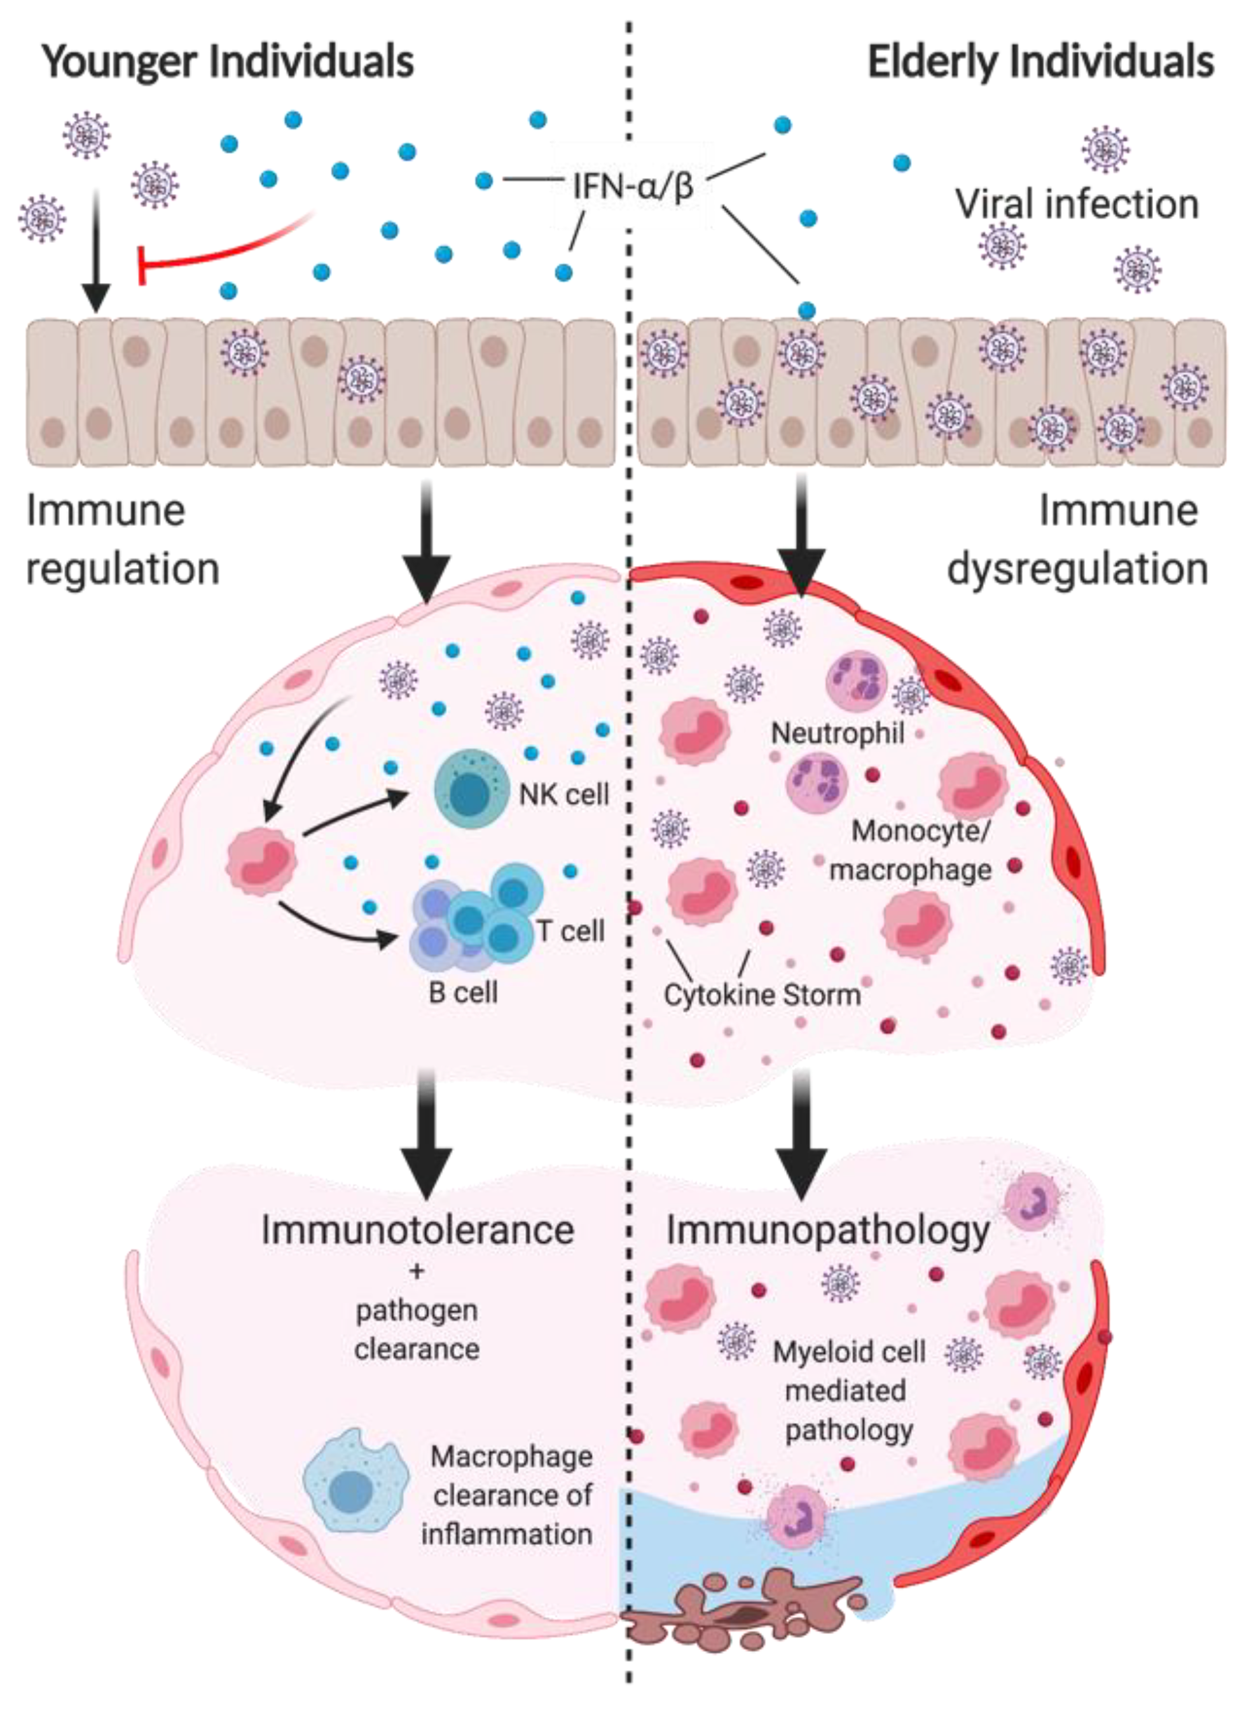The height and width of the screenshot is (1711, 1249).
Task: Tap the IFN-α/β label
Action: pos(633,185)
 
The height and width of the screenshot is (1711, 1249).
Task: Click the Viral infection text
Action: pos(1077,204)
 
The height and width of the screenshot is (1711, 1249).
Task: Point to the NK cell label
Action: pos(564,794)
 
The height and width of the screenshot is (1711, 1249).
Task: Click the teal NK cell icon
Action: pos(469,791)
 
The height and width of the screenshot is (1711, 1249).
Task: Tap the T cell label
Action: pos(571,931)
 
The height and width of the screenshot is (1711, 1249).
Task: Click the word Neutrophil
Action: pos(837,733)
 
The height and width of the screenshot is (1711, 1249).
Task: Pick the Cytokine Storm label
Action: pos(762,995)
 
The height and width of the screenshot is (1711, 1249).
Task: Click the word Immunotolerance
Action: pos(417,1230)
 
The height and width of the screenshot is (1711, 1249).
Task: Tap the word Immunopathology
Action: pos(828,1230)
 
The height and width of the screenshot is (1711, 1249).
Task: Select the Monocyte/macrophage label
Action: pos(911,850)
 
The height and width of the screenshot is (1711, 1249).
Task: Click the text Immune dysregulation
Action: pos(1077,540)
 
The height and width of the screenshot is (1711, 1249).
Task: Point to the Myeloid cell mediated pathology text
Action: pos(848,1391)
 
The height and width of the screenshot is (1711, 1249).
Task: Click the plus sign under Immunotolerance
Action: pos(417,1271)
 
